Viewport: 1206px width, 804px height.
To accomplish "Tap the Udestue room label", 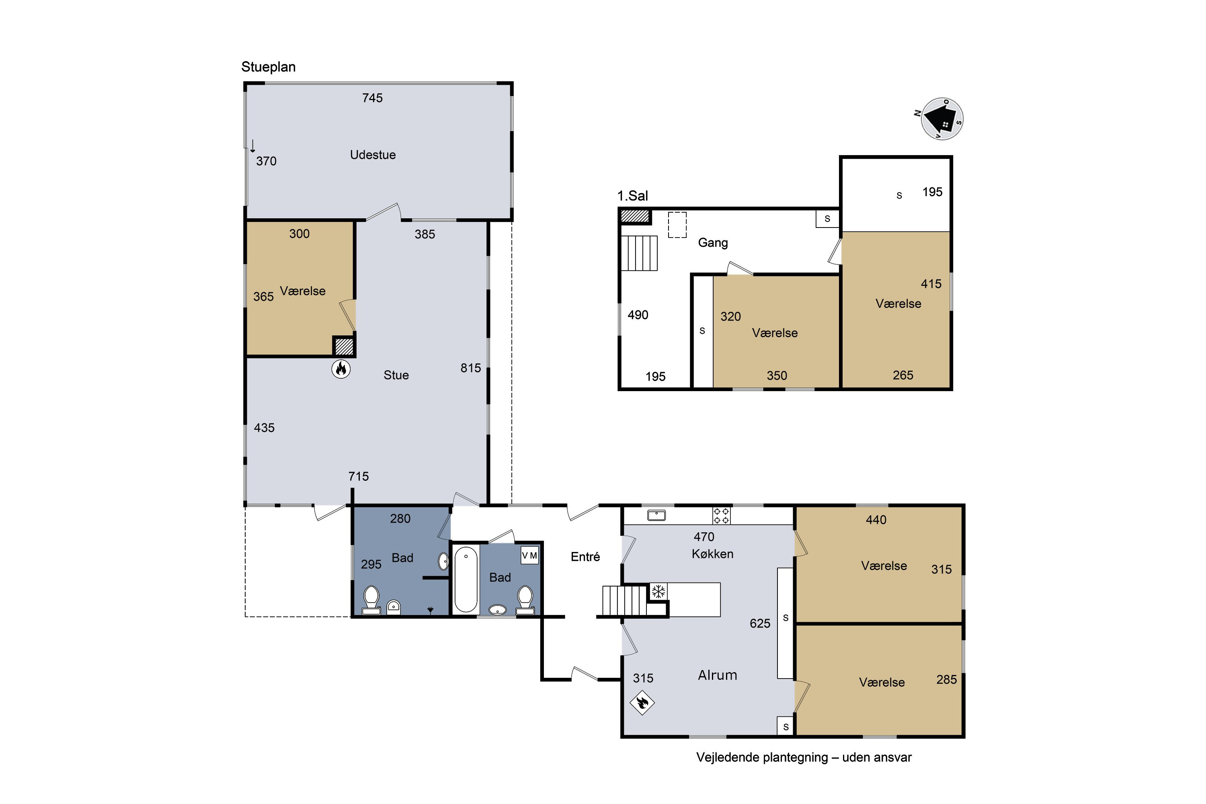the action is point(373,155).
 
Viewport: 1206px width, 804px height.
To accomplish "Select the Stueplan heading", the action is point(268,67).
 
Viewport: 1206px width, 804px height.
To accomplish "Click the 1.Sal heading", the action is point(632,195).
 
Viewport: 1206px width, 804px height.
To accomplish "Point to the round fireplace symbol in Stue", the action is point(341,369).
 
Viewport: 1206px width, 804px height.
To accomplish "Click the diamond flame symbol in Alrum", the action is point(642,702).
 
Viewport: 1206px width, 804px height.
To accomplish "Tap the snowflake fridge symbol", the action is point(658,591).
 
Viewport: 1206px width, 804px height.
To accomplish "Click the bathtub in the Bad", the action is point(466,579).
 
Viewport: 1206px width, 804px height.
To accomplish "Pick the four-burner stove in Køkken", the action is point(722,515).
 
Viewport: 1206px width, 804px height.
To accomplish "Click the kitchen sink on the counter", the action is point(656,515).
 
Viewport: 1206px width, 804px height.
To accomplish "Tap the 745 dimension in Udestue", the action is point(372,98).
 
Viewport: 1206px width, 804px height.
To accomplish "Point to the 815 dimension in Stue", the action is point(471,368).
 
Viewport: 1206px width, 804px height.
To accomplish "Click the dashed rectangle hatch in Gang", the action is point(677,225).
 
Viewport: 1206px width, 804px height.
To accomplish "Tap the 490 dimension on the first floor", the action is point(638,315).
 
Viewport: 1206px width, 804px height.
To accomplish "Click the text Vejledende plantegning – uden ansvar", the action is point(804,757).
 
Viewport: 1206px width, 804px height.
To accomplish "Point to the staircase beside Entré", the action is point(624,601).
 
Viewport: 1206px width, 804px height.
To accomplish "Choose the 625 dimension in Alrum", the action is point(760,624).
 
